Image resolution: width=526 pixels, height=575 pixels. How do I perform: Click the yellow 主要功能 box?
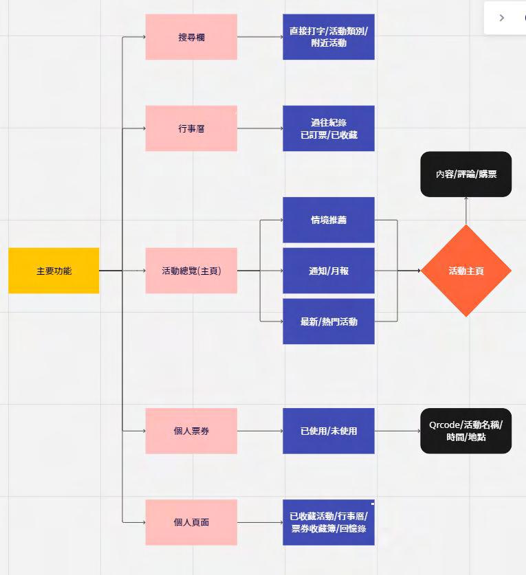(54, 271)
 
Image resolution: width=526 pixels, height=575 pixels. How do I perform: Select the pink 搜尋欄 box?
(191, 37)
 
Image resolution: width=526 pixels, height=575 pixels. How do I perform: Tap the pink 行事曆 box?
(191, 128)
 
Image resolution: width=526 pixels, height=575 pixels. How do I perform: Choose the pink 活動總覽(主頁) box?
(191, 271)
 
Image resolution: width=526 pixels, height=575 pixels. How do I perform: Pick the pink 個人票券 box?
(191, 431)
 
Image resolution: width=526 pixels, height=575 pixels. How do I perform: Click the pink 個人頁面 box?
(191, 522)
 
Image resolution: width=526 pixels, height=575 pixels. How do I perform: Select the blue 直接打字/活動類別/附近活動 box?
(329, 37)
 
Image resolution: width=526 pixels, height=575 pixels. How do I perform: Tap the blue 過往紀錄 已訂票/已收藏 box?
(329, 128)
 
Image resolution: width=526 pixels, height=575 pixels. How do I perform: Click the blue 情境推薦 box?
(329, 220)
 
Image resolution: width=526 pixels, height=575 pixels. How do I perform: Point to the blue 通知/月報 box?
(329, 271)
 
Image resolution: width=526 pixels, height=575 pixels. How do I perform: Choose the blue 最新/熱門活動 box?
(329, 321)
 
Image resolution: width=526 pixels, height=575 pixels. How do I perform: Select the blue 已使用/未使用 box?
(329, 431)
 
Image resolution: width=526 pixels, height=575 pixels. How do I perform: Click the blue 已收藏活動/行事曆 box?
(329, 522)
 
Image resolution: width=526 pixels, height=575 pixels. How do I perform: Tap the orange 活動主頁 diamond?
(466, 271)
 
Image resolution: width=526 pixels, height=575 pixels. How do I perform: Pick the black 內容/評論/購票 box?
(466, 174)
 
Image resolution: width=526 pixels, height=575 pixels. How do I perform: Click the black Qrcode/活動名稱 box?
(466, 431)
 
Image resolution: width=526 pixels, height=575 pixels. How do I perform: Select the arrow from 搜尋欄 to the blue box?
(260, 37)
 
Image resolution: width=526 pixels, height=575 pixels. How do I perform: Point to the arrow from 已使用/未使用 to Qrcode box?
(397, 431)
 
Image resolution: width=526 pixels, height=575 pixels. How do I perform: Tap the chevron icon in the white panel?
(502, 18)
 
